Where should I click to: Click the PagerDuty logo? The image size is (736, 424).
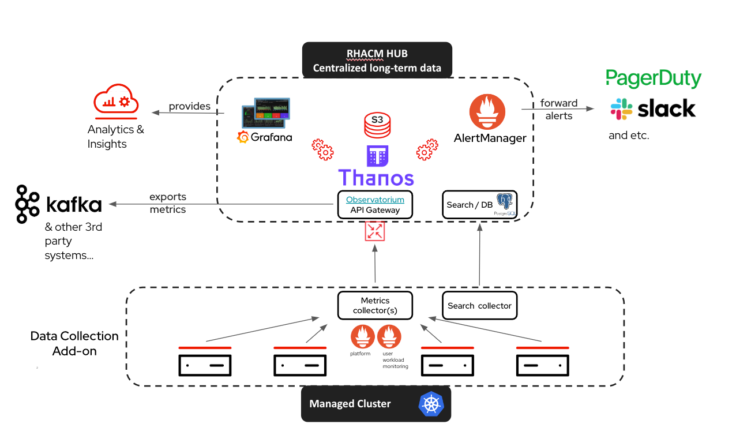point(653,78)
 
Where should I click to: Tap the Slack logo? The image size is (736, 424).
point(653,108)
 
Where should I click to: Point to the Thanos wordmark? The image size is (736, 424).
point(375,177)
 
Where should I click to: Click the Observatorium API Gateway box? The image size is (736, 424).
point(375,205)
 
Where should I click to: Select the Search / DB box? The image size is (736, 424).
point(479,205)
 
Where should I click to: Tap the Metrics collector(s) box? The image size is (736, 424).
point(375,305)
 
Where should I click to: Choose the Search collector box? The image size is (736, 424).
point(479,305)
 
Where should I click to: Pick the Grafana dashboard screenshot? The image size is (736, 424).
point(266,113)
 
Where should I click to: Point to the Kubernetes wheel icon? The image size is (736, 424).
point(431,403)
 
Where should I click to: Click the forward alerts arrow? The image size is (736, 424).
point(558,108)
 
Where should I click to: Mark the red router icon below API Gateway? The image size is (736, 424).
point(375,231)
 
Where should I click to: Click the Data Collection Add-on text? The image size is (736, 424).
point(74,343)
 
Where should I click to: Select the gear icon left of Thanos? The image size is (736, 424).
point(323,149)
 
